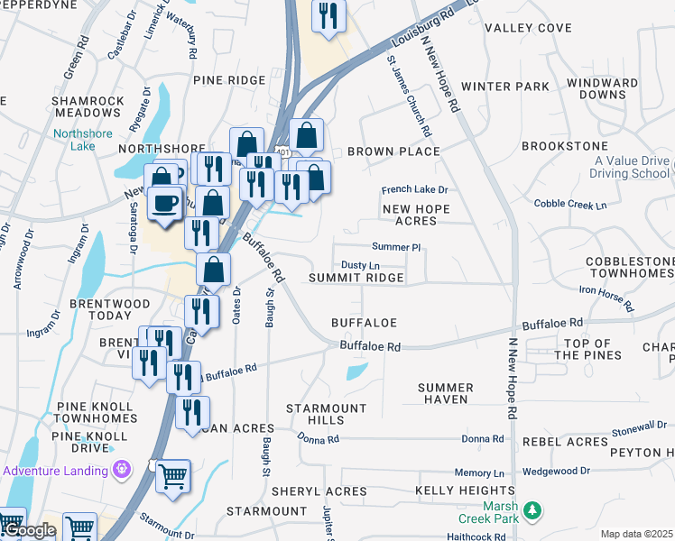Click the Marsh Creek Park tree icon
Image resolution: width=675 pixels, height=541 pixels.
coord(533,511)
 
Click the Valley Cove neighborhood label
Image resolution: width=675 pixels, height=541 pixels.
coord(528,28)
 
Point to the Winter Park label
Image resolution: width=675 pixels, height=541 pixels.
coord(504,87)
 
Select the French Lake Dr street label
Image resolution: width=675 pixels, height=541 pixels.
coord(414,189)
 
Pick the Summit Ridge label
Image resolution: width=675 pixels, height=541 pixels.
coord(356,279)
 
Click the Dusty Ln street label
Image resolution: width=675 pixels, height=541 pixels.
coord(360,265)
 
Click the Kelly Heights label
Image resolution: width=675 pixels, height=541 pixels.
coord(454,491)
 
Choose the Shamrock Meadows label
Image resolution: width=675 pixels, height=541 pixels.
coord(88,106)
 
